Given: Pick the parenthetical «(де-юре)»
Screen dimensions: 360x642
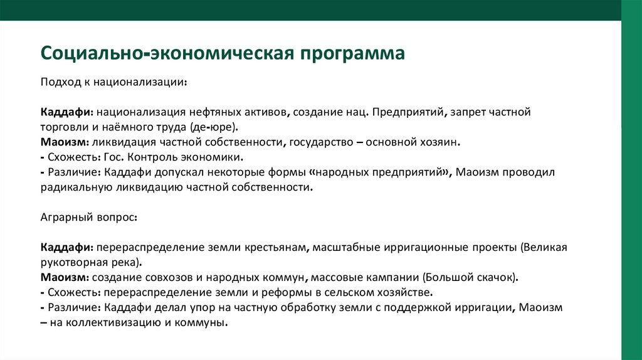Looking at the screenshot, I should [214, 127].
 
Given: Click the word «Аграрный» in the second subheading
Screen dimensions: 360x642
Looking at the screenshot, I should [65, 217].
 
